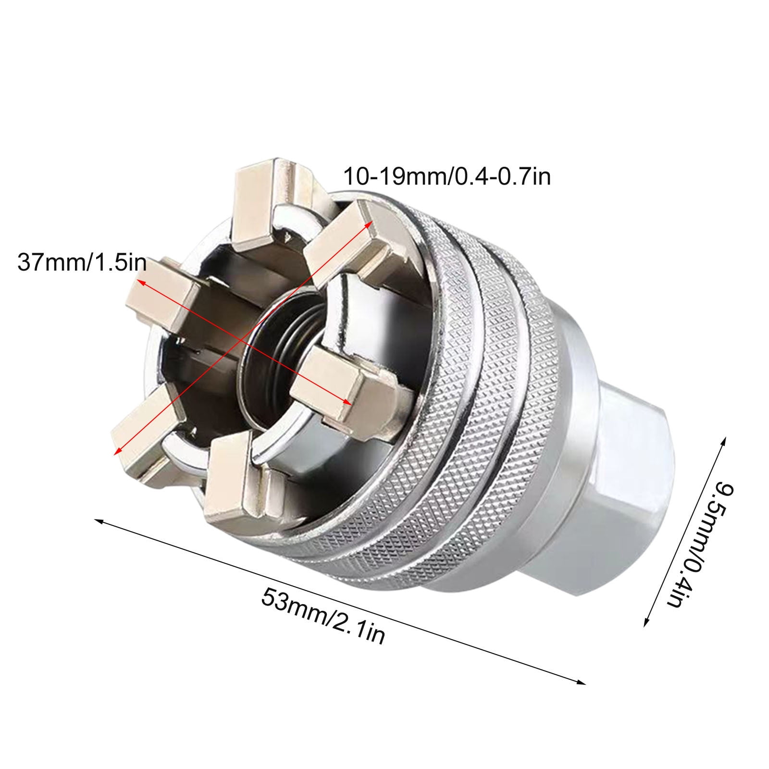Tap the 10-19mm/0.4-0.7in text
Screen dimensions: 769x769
(x=447, y=176)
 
